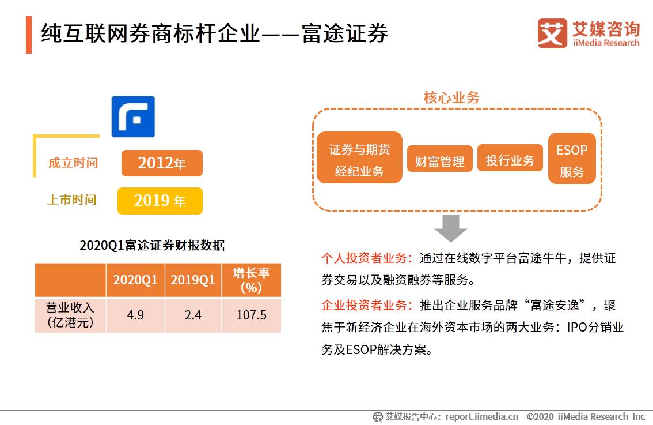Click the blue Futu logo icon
(x=133, y=116)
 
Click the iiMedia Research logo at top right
(x=588, y=33)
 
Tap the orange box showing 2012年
(x=162, y=163)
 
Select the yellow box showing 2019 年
(x=160, y=201)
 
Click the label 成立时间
(x=73, y=163)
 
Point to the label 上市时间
(x=72, y=200)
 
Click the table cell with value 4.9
(x=135, y=315)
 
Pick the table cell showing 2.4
(x=193, y=315)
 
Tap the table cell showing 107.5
(x=251, y=315)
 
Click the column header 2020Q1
(x=135, y=280)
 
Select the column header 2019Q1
(x=193, y=280)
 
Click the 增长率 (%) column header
(x=251, y=280)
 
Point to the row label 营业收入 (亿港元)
(x=70, y=315)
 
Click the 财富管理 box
(x=440, y=161)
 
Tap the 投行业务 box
(x=510, y=160)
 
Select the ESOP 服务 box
(x=572, y=161)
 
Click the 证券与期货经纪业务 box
(x=359, y=160)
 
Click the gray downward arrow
(x=450, y=228)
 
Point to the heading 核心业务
(x=451, y=98)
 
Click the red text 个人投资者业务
(x=367, y=258)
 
